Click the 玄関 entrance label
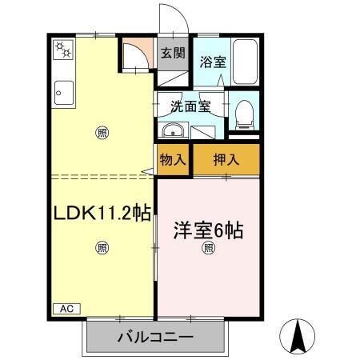172,54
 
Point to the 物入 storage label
173,159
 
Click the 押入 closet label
226,159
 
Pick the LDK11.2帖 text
102,213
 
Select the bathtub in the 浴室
245,62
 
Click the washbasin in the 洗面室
171,133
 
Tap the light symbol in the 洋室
208,248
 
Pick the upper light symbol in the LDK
102,132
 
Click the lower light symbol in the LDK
102,247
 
